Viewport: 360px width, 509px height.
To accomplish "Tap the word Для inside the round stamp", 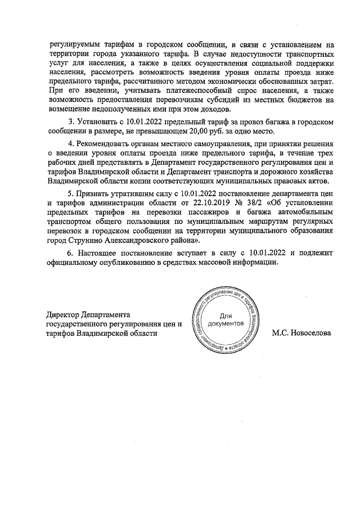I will coord(225,317).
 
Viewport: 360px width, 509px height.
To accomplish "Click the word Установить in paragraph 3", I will coord(96,121).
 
